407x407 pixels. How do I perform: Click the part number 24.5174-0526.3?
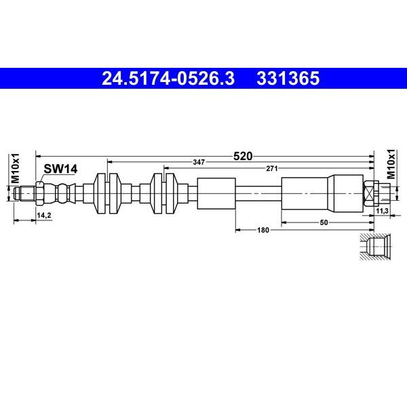point(168,79)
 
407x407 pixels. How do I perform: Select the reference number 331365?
point(288,79)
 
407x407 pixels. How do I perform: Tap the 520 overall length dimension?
point(243,156)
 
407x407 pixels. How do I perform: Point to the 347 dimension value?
point(199,163)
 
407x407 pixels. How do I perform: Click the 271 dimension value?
point(272,169)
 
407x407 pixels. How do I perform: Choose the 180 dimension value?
point(263,230)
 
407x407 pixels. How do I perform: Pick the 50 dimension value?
point(324,222)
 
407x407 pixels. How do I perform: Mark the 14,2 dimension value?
point(44,215)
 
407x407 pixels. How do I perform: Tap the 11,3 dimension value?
point(382,211)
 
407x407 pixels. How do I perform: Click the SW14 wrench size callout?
point(60,169)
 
